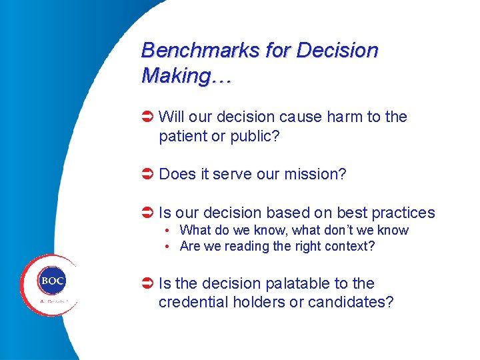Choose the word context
[x=349, y=246]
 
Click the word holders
[x=259, y=302]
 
